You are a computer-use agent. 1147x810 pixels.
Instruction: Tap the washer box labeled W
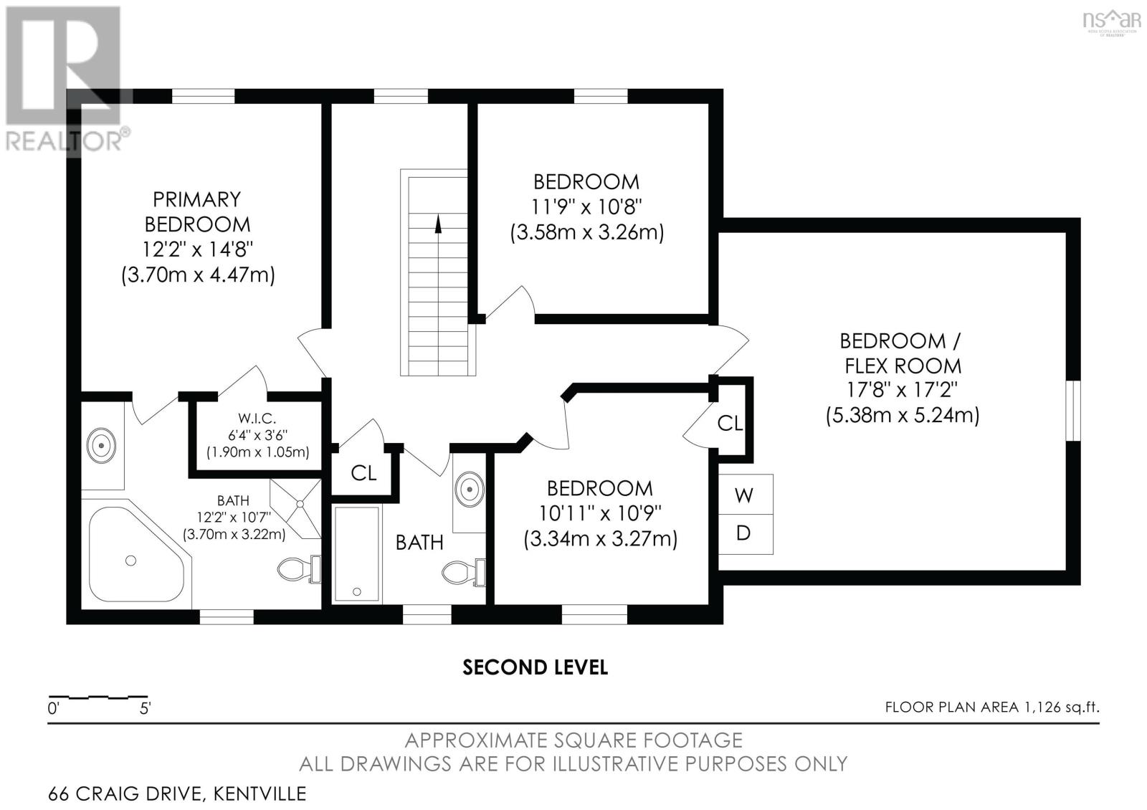coord(746,494)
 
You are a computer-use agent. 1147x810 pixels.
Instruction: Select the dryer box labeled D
coord(746,534)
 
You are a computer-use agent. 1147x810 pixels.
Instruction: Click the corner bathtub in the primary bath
coord(135,555)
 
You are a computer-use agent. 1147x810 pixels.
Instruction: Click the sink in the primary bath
coord(101,445)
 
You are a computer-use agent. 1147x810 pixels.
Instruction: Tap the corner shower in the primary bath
coord(296,508)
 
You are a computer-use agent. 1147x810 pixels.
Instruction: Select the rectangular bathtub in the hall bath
coord(357,554)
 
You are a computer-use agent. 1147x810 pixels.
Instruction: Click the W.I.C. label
coord(257,419)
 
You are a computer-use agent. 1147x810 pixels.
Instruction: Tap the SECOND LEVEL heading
coord(535,667)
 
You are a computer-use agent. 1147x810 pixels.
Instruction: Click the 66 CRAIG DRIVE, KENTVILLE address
coord(177,794)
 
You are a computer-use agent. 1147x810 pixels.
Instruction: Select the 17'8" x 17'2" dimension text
coord(902,390)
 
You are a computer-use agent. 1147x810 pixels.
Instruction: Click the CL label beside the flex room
coord(730,423)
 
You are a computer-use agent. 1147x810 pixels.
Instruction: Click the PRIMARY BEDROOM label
coord(197,211)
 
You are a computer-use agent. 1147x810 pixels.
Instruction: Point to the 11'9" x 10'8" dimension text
coord(586,207)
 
